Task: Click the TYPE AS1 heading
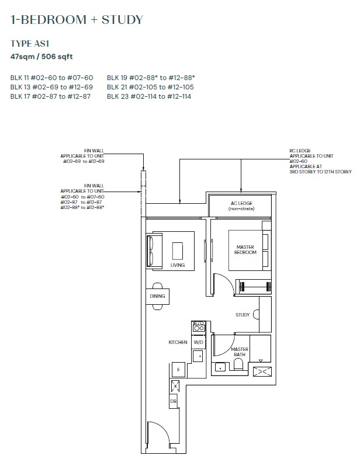tap(30, 44)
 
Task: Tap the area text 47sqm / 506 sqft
tap(41, 57)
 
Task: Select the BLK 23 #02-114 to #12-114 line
tap(149, 96)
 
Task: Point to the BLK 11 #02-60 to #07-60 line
tap(51, 78)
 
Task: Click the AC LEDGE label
tap(241, 203)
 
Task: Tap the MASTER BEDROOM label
tap(245, 250)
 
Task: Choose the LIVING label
tap(178, 265)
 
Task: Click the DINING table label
tap(157, 296)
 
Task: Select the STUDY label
tap(243, 315)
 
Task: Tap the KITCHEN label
tap(178, 342)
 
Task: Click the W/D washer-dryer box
tap(199, 342)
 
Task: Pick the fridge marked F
tap(178, 370)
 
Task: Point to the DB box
tap(174, 401)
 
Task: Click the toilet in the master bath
tap(238, 364)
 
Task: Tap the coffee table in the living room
tap(178, 251)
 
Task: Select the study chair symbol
tap(256, 314)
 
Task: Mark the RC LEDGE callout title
tap(300, 151)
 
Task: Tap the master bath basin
tap(220, 367)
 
